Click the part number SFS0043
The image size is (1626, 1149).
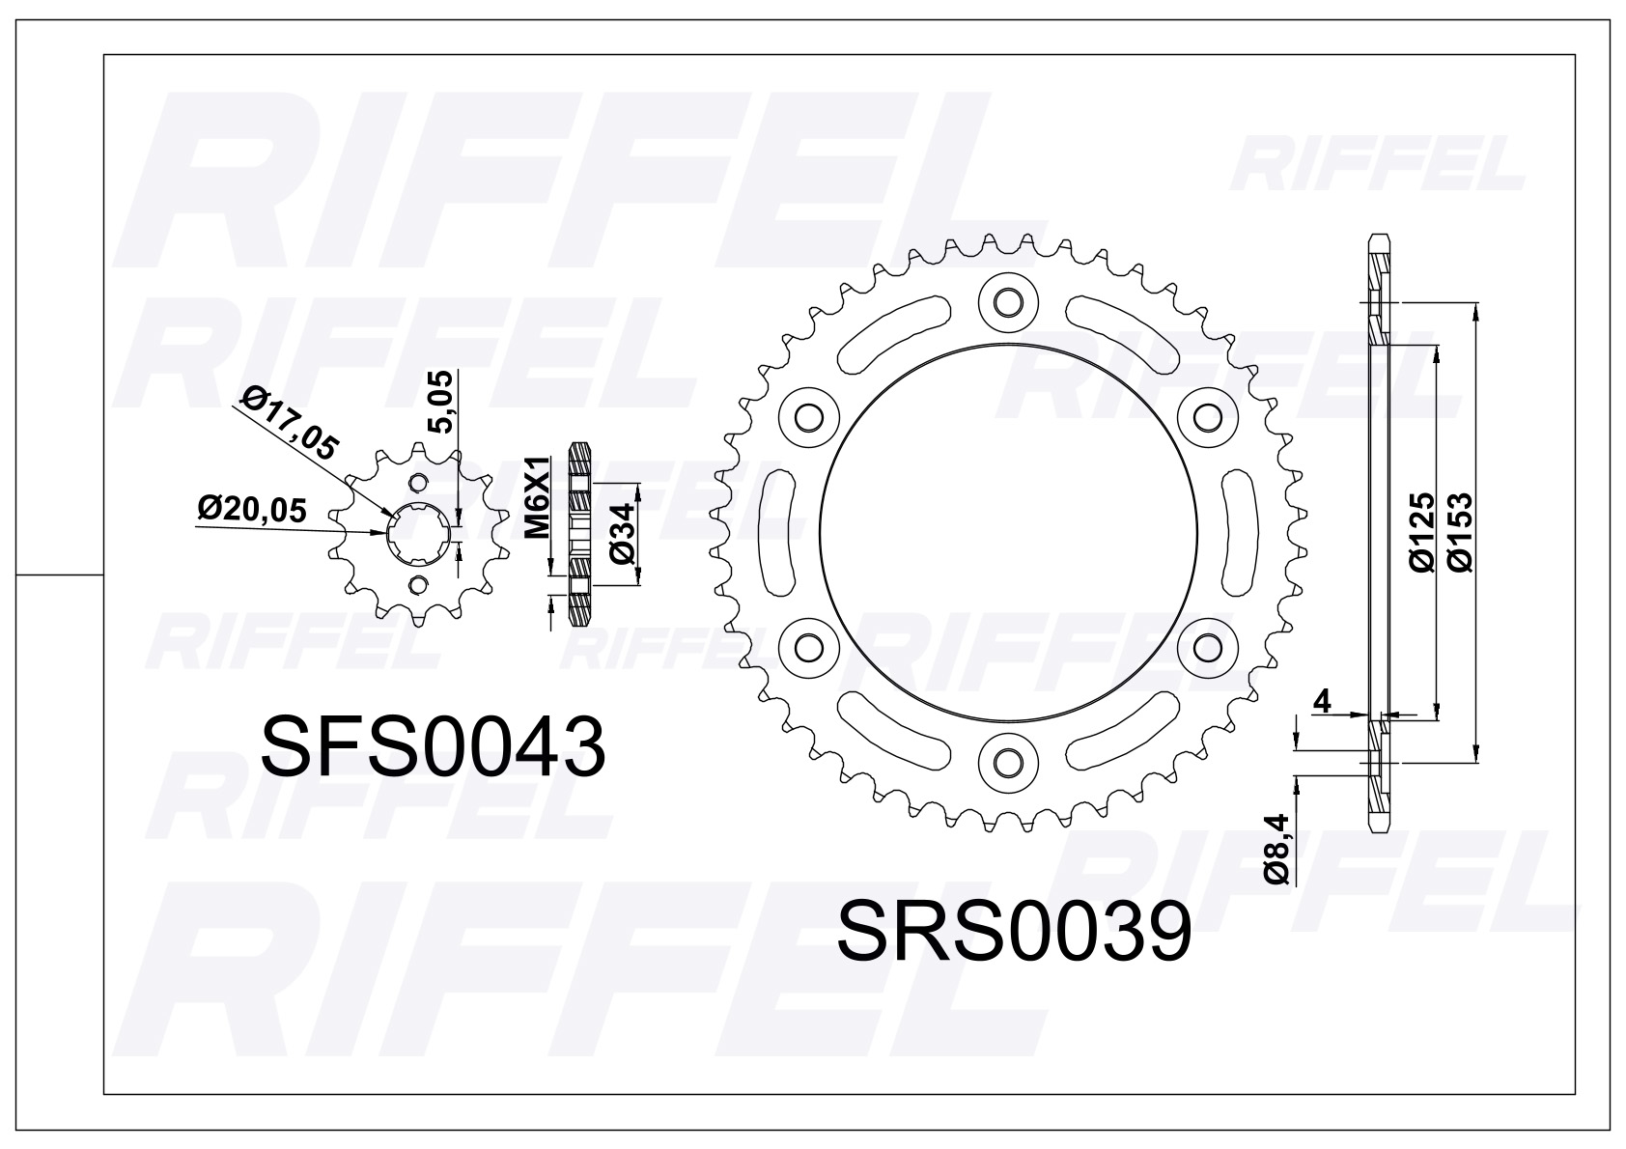coord(434,748)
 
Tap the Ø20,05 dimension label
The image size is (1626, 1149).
coord(253,509)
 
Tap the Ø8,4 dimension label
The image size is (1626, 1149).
coord(1277,848)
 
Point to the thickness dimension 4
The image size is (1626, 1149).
coord(1323,702)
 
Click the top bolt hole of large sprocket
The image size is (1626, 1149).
coord(1006,302)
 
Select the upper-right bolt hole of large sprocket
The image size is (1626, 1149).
coord(1204,417)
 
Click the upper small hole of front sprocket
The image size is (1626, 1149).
coord(418,483)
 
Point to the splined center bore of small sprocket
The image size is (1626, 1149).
coord(417,533)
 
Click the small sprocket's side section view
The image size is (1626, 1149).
coord(579,533)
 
